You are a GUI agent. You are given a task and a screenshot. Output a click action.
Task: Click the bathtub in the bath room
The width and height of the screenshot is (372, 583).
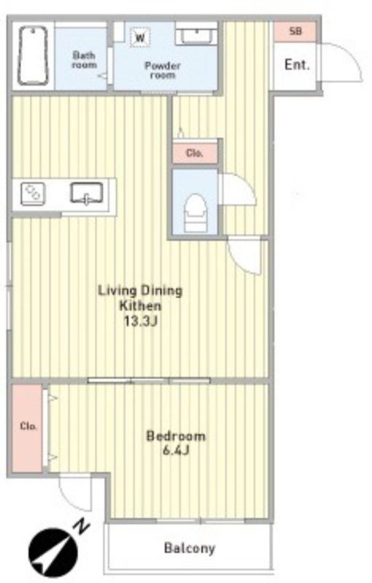click(33, 56)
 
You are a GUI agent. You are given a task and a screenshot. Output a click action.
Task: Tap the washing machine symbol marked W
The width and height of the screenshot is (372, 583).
click(140, 37)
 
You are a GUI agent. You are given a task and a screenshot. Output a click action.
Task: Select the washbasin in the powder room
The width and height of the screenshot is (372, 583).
click(195, 36)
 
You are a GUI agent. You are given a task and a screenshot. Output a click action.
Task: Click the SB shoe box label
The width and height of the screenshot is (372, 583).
click(295, 31)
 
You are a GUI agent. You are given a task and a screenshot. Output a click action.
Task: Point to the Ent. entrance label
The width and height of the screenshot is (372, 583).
click(297, 65)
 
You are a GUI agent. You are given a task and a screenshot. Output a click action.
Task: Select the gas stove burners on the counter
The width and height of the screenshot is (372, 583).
click(33, 194)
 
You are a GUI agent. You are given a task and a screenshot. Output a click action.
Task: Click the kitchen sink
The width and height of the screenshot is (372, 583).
click(87, 193)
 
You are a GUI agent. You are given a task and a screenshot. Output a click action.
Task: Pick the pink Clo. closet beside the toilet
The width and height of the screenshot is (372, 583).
click(195, 153)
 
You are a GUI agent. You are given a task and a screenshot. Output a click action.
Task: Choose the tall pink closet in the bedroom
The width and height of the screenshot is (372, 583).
click(27, 428)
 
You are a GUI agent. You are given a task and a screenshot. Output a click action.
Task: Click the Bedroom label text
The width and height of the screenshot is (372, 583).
click(176, 436)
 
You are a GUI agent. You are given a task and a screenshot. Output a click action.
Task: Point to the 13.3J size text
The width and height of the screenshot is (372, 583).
click(141, 321)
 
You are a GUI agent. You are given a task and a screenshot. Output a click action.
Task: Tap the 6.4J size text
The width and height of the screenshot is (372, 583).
click(176, 451)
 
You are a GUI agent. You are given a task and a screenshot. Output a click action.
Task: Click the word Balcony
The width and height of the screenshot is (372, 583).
click(190, 548)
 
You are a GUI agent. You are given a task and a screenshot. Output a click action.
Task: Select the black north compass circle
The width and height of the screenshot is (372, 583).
click(53, 552)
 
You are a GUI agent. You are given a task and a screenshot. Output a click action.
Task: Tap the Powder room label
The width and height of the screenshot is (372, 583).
click(163, 70)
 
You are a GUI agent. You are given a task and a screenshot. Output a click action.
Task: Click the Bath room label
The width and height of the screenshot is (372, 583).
click(84, 60)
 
